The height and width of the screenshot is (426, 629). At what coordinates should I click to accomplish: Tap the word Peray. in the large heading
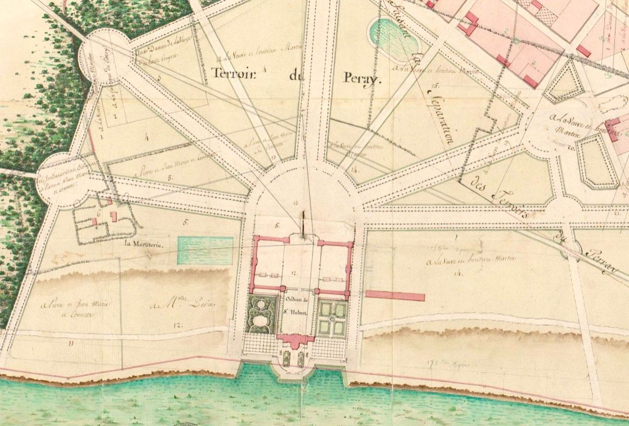coord(362,79)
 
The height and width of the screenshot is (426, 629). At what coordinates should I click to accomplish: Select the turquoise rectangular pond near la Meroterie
coord(205,251)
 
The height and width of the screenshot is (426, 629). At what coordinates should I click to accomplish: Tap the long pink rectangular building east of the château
coord(395,296)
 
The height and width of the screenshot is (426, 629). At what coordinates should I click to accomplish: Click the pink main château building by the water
coord(295,340)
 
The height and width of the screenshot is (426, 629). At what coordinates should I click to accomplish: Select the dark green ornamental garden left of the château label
coord(260,315)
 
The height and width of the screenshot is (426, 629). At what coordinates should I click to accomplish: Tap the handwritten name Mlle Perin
coord(189,306)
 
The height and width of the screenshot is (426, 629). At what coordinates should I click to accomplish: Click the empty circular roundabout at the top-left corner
coord(104,54)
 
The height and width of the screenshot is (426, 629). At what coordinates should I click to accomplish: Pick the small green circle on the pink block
coord(516,40)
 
